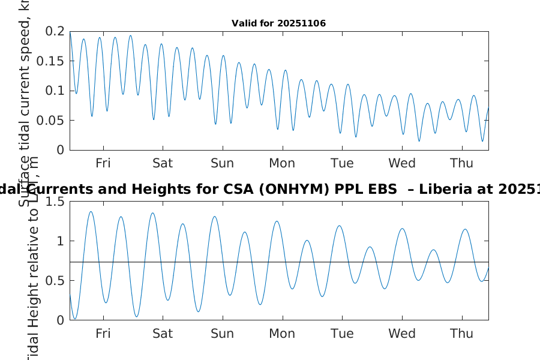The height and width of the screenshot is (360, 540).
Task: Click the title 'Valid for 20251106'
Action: click(x=278, y=23)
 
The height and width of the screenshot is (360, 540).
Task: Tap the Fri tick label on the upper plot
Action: click(x=103, y=163)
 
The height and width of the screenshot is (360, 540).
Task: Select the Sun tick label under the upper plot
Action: click(x=223, y=163)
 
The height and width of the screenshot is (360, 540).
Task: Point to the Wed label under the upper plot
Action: click(x=402, y=163)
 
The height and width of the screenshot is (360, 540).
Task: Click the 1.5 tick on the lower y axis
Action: click(x=55, y=202)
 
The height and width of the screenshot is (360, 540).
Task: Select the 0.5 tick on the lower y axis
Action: click(x=55, y=281)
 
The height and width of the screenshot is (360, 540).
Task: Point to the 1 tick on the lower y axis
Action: click(x=60, y=241)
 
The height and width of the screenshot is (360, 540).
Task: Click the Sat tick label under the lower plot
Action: click(x=163, y=334)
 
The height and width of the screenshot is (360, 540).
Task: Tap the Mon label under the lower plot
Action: click(x=282, y=334)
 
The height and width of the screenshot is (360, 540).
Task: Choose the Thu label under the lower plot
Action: click(x=461, y=334)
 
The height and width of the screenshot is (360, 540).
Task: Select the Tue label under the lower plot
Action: click(x=342, y=334)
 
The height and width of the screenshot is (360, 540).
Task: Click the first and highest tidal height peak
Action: click(x=91, y=211)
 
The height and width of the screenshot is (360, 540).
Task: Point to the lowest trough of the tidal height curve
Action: click(x=74, y=319)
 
